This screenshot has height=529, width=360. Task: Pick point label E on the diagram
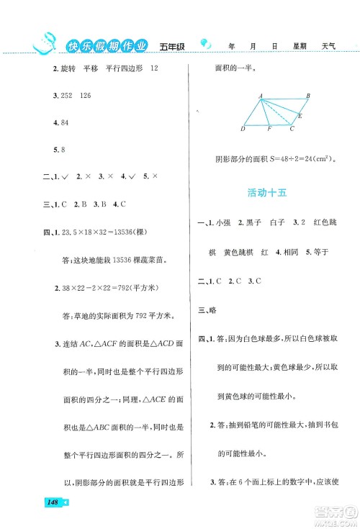300,115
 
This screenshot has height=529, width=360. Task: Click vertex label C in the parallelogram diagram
292,129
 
